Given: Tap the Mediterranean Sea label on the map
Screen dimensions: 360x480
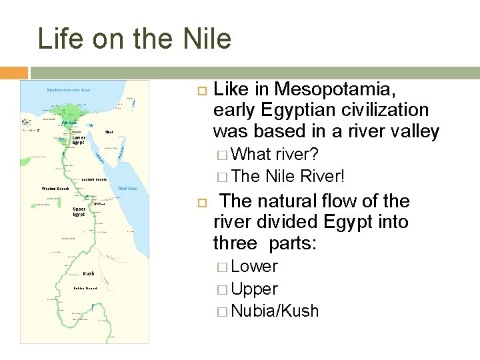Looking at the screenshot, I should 69,90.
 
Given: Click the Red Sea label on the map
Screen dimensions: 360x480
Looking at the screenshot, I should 127,189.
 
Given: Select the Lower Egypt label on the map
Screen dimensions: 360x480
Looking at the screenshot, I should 79,140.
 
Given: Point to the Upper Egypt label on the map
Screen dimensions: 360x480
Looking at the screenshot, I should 79,211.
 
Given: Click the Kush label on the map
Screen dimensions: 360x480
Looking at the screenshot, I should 89,274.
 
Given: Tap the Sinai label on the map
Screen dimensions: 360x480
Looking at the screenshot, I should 109,131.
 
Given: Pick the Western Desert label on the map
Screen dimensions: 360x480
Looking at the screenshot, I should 55,189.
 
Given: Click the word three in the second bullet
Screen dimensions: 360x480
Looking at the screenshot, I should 239,243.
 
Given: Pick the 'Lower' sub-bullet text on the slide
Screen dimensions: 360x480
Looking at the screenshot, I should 254,267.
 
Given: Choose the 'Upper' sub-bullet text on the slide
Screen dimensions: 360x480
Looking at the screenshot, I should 254,289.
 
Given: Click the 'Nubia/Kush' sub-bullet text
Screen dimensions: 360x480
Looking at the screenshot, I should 275,311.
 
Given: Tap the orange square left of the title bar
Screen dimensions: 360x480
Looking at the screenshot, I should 13,73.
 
